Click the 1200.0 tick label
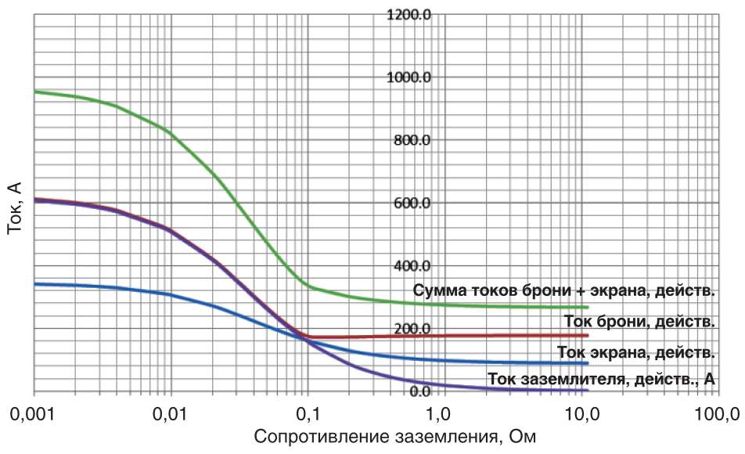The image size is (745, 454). [x=409, y=15]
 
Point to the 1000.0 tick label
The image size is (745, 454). [x=409, y=77]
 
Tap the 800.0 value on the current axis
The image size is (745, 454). [x=412, y=141]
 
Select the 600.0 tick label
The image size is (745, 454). [x=412, y=204]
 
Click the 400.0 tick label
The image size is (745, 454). [x=412, y=266]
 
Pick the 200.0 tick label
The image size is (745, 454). [x=412, y=329]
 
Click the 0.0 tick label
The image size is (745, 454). [x=420, y=391]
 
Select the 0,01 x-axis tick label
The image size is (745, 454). [x=170, y=415]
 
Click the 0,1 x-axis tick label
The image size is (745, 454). [x=308, y=415]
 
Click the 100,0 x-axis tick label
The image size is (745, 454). [x=718, y=415]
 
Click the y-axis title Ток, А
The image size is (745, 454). [x=15, y=208]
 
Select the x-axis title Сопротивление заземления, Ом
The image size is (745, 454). [x=395, y=437]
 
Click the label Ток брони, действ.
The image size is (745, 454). [x=639, y=322]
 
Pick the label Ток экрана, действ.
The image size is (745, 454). [x=636, y=353]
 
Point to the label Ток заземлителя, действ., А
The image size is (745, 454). [x=602, y=379]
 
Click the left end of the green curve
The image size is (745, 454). [x=34, y=92]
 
